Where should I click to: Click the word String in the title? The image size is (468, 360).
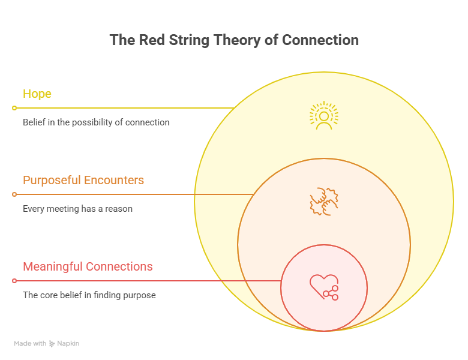[189, 41]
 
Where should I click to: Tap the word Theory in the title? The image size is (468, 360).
[236, 41]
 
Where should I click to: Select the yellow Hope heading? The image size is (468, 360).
[37, 94]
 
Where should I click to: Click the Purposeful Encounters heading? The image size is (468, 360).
[83, 180]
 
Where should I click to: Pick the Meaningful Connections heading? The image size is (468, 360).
[88, 266]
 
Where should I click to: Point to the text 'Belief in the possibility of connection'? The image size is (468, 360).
[96, 122]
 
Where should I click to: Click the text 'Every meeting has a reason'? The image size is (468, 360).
[77, 209]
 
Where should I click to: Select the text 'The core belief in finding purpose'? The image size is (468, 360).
[89, 295]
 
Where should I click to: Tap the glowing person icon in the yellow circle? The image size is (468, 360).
[324, 116]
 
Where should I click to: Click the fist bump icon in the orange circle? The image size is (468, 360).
[324, 202]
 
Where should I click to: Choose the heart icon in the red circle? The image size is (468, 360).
[324, 287]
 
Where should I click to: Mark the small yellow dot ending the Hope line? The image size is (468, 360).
[14, 108]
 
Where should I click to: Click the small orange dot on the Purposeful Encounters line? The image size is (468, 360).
[14, 194]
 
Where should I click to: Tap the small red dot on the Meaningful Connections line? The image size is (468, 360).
[14, 281]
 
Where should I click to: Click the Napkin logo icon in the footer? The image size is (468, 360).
[52, 344]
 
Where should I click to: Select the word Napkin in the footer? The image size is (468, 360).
[68, 344]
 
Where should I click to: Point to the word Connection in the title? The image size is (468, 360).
[320, 40]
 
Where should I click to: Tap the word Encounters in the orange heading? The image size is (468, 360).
[114, 180]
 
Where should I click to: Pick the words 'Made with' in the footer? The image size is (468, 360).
[30, 344]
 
